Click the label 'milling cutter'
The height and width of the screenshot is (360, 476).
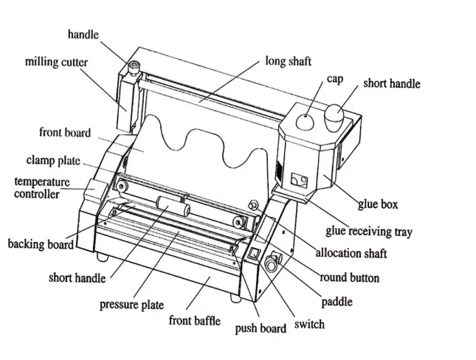pos(56,63)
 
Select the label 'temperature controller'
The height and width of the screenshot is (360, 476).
pos(41,187)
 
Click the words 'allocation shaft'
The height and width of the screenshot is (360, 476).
pos(351,254)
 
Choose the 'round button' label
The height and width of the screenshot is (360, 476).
pos(349,277)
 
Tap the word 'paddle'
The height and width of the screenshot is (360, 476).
pos(336,301)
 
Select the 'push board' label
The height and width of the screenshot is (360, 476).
pos(260,329)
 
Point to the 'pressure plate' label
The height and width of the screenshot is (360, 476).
pos(131,304)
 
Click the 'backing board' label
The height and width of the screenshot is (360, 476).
pos(41,244)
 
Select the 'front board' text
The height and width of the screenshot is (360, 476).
pos(65,133)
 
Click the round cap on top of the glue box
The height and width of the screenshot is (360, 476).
pos(304,118)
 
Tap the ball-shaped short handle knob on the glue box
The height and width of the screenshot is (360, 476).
pos(334,114)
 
